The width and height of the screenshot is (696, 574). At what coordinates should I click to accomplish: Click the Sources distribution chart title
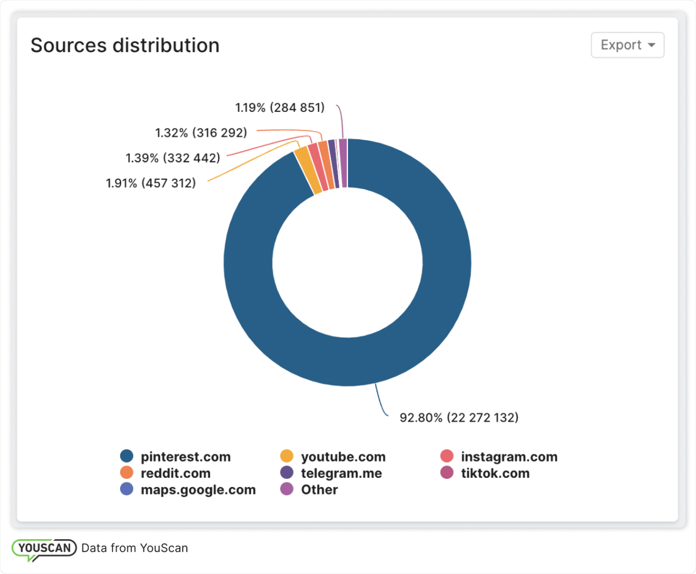[x=125, y=46]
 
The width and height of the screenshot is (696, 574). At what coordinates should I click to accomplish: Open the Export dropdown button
[x=627, y=45]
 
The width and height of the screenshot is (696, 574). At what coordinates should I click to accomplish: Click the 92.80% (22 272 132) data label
[x=459, y=417]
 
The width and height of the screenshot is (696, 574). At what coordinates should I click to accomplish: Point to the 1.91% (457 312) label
[x=151, y=183]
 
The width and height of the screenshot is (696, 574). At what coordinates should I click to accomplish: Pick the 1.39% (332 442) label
[x=173, y=158]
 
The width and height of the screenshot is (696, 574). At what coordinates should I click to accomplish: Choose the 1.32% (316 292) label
[x=201, y=133]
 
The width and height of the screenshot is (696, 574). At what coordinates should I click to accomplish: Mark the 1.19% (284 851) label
[x=279, y=108]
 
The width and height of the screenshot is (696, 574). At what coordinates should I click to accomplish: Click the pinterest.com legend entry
[x=185, y=457]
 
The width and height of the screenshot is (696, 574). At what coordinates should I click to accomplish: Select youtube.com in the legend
[x=343, y=457]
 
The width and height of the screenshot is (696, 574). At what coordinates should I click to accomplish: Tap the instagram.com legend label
[x=509, y=457]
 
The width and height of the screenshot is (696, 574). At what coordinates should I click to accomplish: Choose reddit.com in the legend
[x=175, y=473]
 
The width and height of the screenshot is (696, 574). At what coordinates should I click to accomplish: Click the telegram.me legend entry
[x=341, y=473]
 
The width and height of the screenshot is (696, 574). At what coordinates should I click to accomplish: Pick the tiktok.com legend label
[x=495, y=473]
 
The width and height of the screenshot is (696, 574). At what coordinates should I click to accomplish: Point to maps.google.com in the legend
[x=198, y=490]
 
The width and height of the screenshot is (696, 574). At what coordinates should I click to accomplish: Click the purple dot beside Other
[x=287, y=489]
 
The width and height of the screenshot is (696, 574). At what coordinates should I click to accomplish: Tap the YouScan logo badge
[x=44, y=548]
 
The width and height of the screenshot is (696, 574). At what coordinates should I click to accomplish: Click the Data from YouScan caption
[x=134, y=548]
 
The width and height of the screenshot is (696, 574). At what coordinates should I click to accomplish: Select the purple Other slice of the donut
[x=343, y=163]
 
